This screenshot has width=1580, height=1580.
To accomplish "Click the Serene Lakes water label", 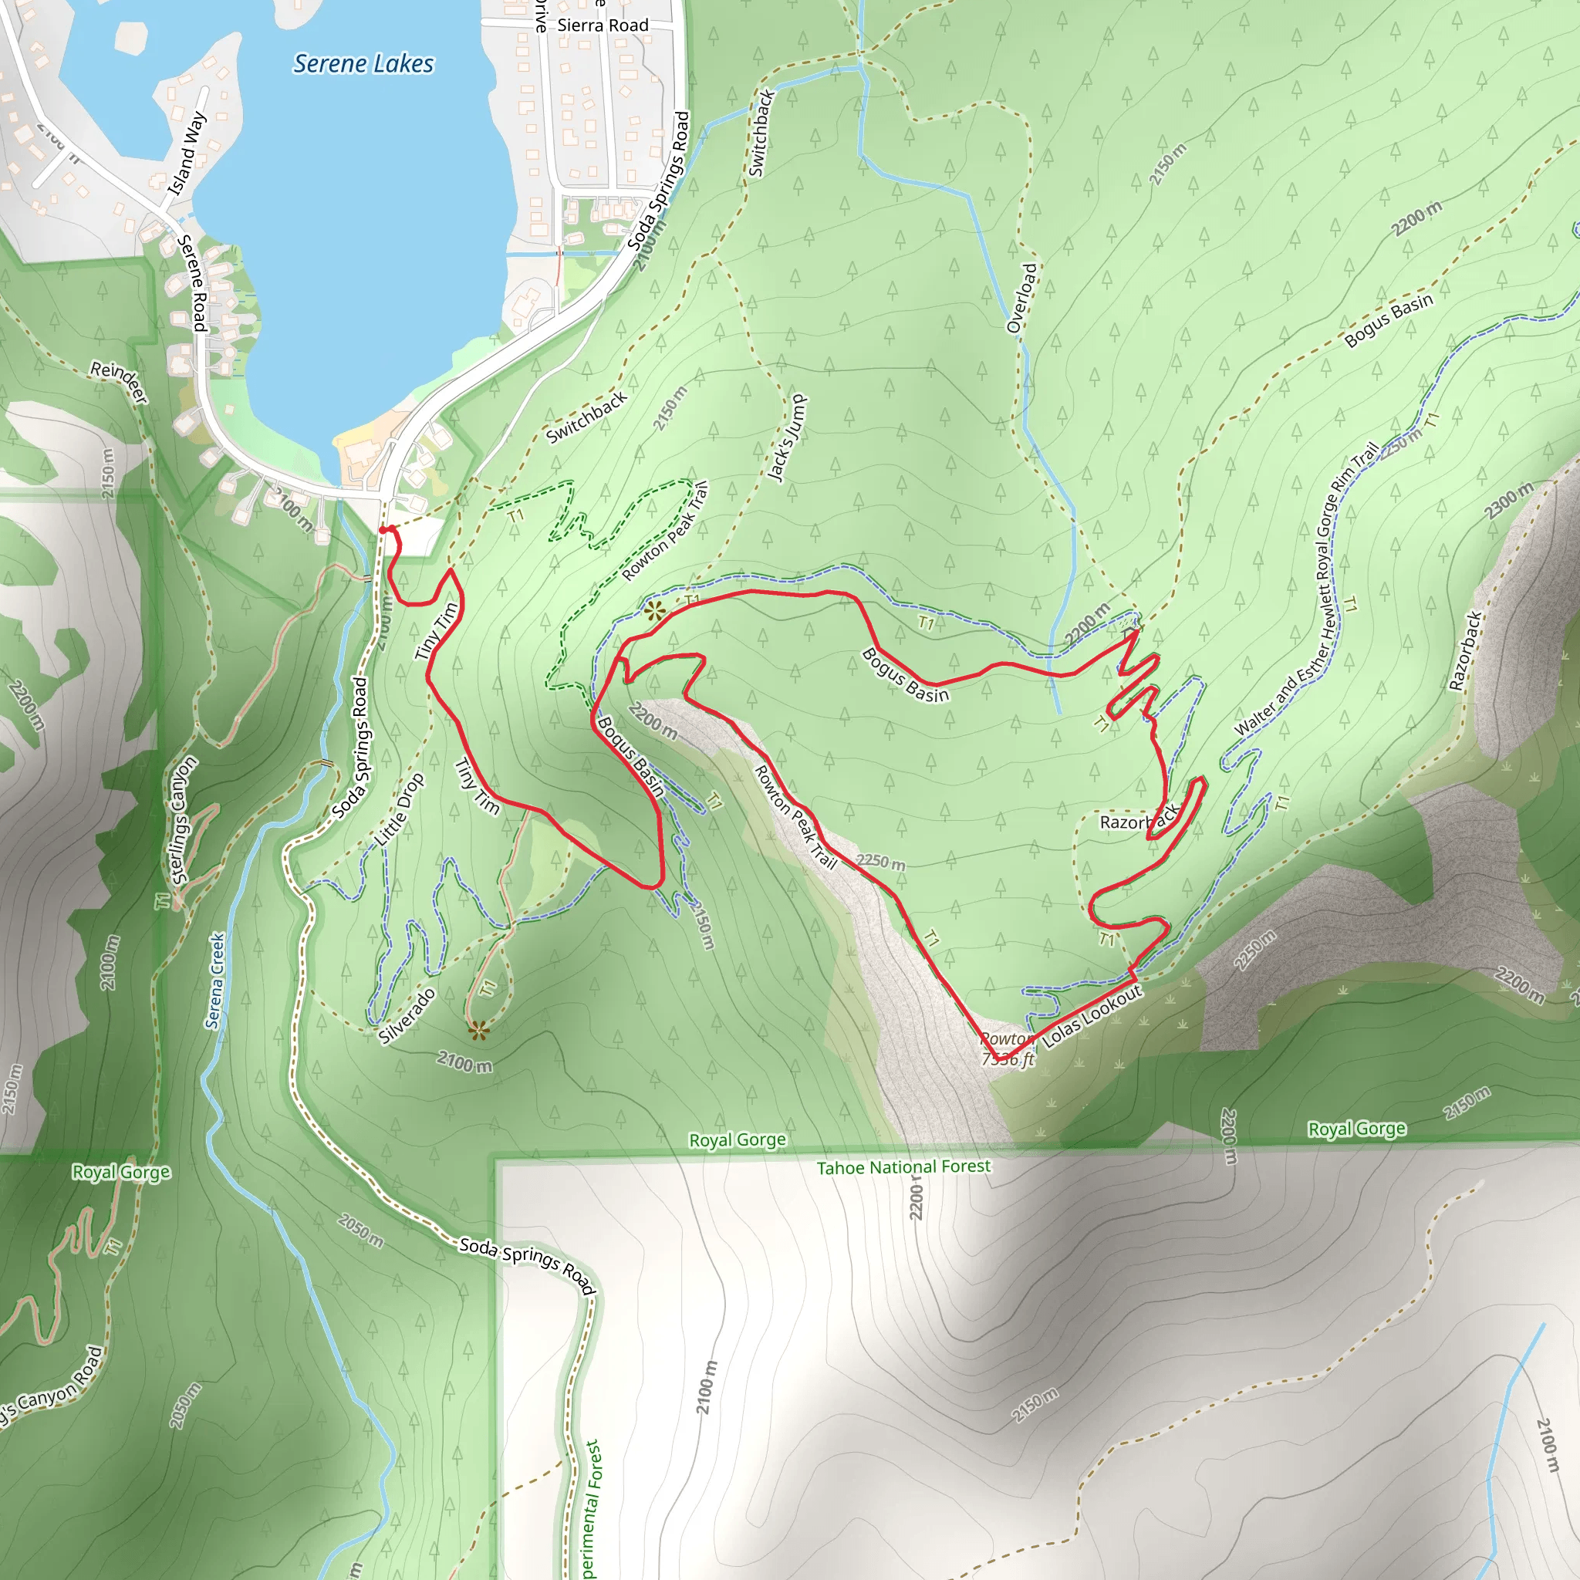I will click(363, 64).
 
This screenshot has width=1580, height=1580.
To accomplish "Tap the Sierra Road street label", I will click(603, 25).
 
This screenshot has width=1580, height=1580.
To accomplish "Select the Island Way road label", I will click(187, 154).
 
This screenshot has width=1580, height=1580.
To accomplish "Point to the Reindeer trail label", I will click(120, 382).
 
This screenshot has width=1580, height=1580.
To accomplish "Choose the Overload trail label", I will click(1022, 299).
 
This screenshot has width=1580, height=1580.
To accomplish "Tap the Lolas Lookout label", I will click(1092, 1017).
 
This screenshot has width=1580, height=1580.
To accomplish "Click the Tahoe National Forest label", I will click(903, 1167).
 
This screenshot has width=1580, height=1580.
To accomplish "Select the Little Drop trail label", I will click(399, 809).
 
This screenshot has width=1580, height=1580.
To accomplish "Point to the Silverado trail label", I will click(407, 1017).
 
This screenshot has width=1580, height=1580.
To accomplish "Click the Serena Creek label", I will click(215, 981).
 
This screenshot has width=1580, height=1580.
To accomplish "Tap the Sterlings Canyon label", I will click(183, 819).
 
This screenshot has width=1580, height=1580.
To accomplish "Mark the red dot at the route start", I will click(383, 531).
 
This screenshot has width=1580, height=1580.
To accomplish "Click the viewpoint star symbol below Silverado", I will click(479, 1031).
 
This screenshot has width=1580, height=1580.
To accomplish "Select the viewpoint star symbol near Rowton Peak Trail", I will click(653, 610).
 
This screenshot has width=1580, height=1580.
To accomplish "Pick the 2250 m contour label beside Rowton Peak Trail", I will click(881, 862).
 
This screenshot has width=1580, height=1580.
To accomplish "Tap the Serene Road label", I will click(193, 282).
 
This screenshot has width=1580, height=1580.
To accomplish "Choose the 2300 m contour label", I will click(1509, 501).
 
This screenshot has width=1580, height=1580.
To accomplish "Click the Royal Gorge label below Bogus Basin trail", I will click(737, 1140).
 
